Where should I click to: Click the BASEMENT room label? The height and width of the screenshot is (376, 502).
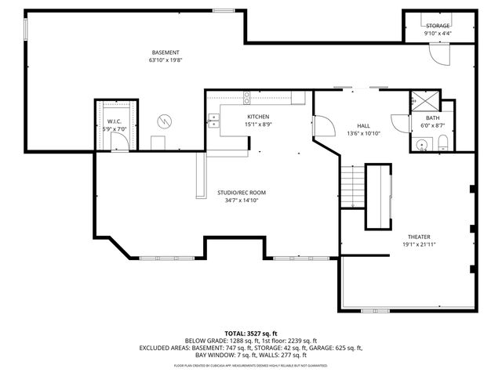tap(160, 52)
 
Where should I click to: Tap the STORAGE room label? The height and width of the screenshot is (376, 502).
tap(438, 26)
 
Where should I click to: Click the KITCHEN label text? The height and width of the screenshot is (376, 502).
tap(258, 117)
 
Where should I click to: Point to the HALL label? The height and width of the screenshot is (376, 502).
tap(363, 125)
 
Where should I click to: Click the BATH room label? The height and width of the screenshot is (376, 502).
tap(432, 117)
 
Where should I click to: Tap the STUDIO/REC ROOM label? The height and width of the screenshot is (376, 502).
tap(242, 193)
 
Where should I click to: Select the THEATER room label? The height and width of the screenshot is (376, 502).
tap(418, 237)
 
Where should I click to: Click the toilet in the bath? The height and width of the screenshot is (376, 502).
tap(442, 143)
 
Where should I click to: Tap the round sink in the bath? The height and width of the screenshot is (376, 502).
tap(421, 144)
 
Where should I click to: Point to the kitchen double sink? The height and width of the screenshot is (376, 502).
tap(213, 120)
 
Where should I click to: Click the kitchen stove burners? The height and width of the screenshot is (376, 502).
tap(247, 98)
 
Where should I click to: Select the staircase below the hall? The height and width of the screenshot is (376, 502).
tap(352, 187)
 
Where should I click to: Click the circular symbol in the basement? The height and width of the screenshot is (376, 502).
tap(165, 121)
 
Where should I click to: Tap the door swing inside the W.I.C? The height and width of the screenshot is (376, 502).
tap(118, 141)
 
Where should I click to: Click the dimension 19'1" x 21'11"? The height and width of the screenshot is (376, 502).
tap(418, 244)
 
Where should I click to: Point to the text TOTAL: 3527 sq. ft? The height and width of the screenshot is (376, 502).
tap(251, 334)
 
